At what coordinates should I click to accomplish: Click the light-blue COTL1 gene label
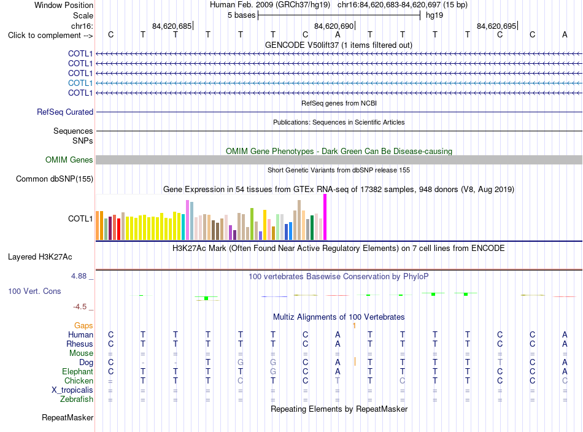pyautogui.click(x=80, y=83)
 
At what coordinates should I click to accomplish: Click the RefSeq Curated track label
pyautogui.click(x=65, y=112)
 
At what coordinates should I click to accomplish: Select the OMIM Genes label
pyautogui.click(x=69, y=160)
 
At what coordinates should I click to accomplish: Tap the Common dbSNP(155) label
pyautogui.click(x=55, y=179)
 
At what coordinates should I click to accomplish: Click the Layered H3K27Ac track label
pyautogui.click(x=40, y=257)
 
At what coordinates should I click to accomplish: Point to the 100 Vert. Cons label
pyautogui.click(x=34, y=291)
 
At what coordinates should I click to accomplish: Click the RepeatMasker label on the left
pyautogui.click(x=68, y=417)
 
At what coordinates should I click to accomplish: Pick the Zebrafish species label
pyautogui.click(x=77, y=399)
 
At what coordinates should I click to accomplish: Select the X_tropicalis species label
pyautogui.click(x=72, y=390)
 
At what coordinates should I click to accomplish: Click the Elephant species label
pyautogui.click(x=78, y=371)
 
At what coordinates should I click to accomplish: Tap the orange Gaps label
pyautogui.click(x=83, y=325)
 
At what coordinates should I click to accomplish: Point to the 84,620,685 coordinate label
pyautogui.click(x=172, y=26)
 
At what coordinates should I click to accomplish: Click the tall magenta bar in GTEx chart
pyautogui.click(x=325, y=217)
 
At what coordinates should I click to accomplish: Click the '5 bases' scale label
pyautogui.click(x=242, y=15)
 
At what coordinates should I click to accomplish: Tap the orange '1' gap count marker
pyautogui.click(x=354, y=326)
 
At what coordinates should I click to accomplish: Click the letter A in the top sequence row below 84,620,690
pyautogui.click(x=338, y=34)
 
